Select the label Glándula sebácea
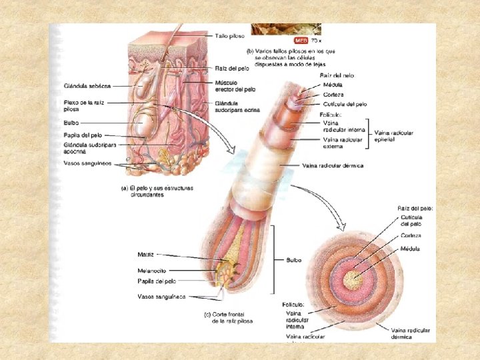[x=87, y=86]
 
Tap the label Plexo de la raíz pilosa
[x=83, y=105]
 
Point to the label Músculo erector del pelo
[x=235, y=86]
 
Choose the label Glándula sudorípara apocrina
[x=90, y=148]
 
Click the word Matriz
[x=146, y=255]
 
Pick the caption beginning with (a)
[x=157, y=191]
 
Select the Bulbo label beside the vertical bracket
[x=293, y=260]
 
